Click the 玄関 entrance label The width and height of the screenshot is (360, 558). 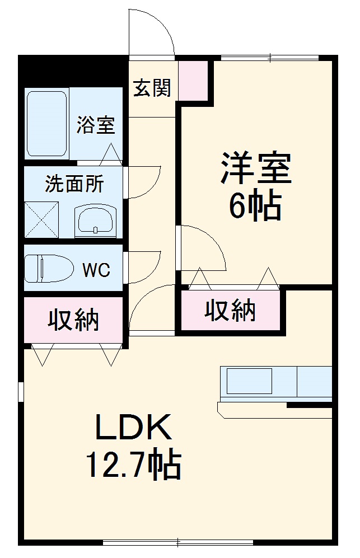point(152,88)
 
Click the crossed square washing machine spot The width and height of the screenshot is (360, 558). point(42,219)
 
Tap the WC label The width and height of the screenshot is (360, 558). point(96,270)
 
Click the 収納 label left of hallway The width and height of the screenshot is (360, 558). point(73,320)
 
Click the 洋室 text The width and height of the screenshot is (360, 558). point(255,167)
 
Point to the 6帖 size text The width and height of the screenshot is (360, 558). point(254,207)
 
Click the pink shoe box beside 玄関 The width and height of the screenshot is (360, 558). point(193,78)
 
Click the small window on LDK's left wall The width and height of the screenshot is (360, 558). point(21,392)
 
